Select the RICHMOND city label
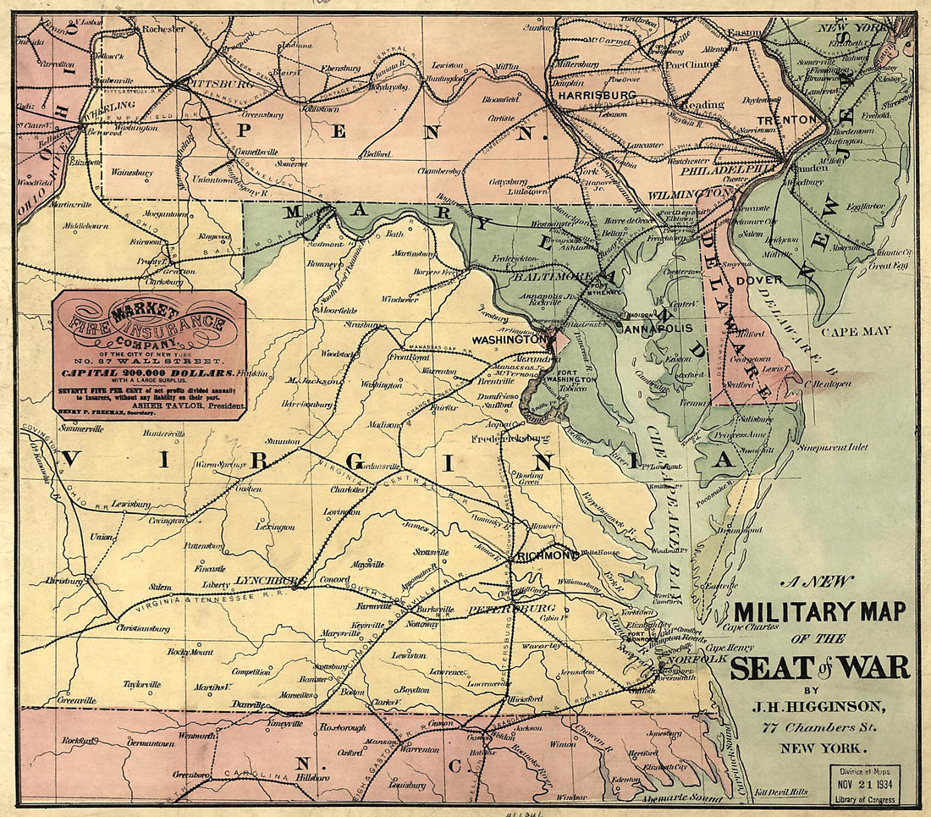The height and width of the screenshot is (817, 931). tap(548, 556)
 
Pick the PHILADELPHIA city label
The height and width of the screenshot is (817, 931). tap(730, 168)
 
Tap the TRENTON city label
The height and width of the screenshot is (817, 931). tap(786, 120)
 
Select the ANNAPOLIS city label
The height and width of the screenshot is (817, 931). tap(658, 327)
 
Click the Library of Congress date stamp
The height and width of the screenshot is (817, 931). tap(870, 783)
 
